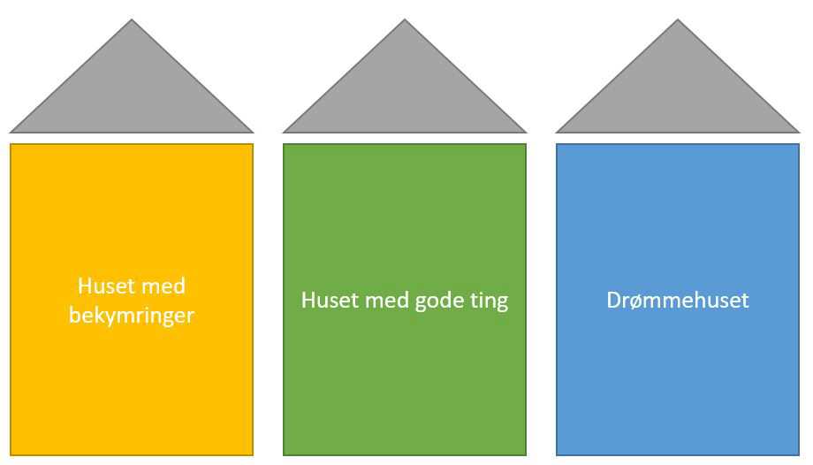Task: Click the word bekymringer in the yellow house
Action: [x=131, y=316]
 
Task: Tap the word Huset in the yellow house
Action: [x=104, y=286]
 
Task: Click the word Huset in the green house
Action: [x=328, y=301]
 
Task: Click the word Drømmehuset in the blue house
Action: [x=678, y=301]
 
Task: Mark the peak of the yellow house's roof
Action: [x=132, y=19]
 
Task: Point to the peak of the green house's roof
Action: [x=405, y=19]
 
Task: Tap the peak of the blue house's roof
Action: [x=678, y=19]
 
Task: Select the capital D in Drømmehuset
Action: [x=614, y=301]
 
